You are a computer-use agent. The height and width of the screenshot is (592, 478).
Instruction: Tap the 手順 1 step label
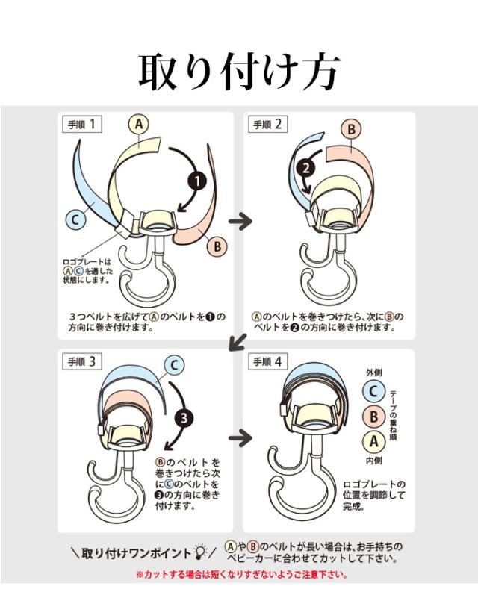[81, 125]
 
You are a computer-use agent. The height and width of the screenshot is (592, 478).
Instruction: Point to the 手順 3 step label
[81, 362]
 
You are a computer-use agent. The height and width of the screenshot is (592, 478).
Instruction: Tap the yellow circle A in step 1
[138, 125]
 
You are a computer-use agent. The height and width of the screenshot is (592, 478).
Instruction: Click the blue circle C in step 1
[74, 219]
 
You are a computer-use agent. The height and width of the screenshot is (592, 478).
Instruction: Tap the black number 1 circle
[196, 180]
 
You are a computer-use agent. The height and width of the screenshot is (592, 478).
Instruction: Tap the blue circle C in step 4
[373, 390]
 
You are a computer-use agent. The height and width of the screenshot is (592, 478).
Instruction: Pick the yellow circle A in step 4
[373, 441]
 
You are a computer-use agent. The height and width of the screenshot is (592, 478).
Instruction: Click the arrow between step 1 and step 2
[239, 221]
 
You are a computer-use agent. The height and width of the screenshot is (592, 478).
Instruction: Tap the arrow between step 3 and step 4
[239, 437]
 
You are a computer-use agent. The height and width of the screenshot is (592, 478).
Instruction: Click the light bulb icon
[200, 552]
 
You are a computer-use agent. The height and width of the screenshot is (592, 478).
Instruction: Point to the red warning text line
[242, 576]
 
